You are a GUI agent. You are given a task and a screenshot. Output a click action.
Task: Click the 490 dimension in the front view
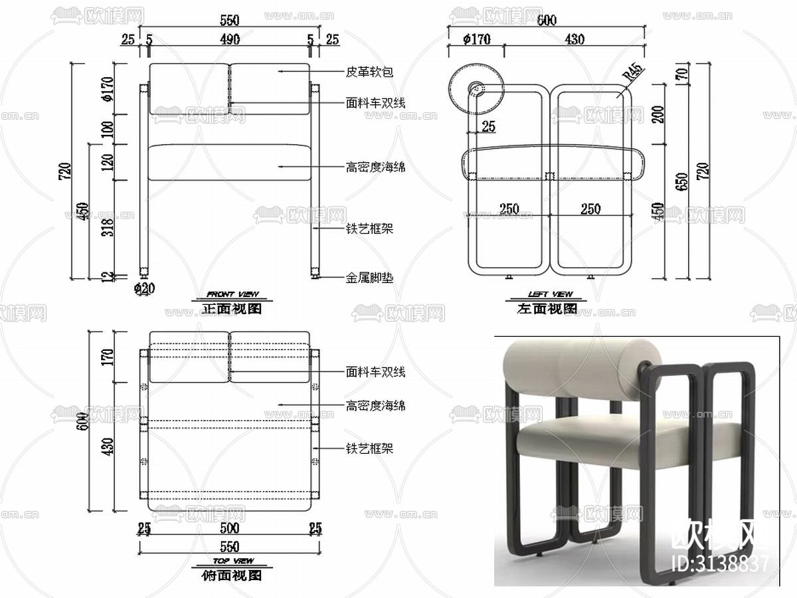[230, 40]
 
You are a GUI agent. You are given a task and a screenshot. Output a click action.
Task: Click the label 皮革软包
[366, 71]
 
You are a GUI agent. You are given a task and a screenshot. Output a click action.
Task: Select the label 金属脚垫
[369, 278]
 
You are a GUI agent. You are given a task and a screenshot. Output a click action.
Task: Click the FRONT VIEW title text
[232, 294]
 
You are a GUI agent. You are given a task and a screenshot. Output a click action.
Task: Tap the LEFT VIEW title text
[550, 294]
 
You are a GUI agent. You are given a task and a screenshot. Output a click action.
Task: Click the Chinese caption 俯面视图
[232, 575]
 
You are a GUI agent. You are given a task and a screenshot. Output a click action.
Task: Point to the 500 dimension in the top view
[229, 529]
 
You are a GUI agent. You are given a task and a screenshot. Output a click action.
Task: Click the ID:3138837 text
[720, 563]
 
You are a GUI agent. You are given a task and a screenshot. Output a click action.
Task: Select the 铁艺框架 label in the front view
[369, 229]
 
